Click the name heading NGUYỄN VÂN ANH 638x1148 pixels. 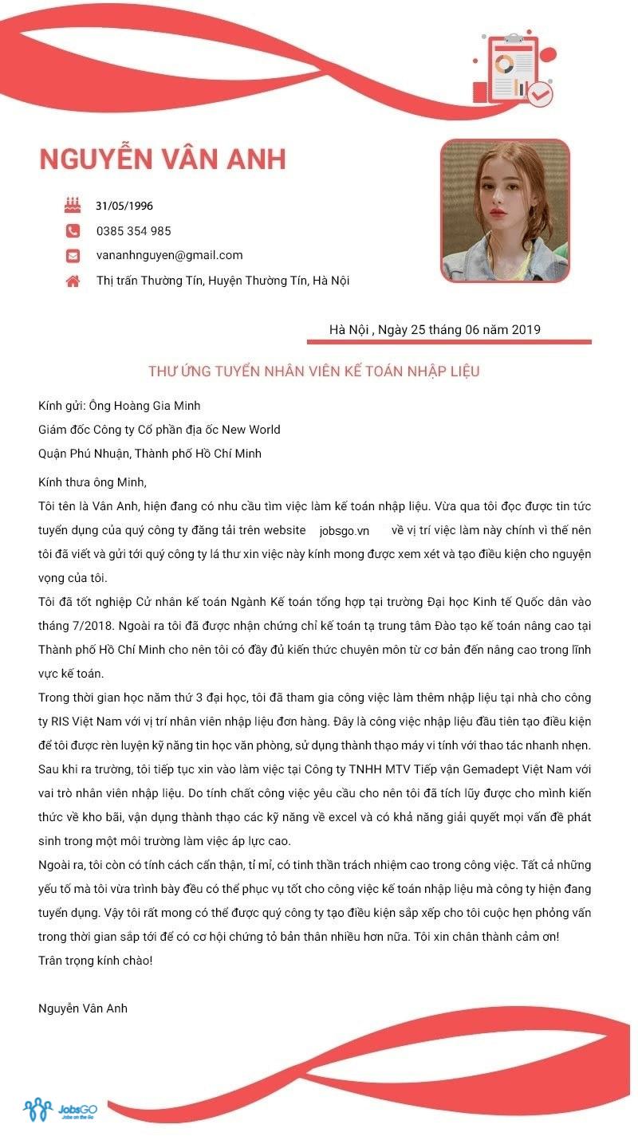coord(162,159)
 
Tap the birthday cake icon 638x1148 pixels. coord(73,206)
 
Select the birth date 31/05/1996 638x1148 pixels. coord(124,206)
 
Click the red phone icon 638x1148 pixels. coord(73,231)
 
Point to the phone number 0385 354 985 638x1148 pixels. coord(133,231)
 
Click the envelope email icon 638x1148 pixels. coord(73,256)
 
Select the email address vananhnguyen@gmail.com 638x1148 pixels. coord(169,255)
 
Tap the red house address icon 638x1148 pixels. coord(73,281)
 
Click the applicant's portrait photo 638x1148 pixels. coord(505,211)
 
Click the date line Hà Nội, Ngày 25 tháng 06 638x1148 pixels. coord(435,329)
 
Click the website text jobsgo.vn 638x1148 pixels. coord(344,531)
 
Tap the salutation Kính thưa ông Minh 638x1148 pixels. coord(93,482)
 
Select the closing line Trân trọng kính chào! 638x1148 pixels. coord(95,961)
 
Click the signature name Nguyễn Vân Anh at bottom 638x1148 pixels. coord(83,1008)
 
